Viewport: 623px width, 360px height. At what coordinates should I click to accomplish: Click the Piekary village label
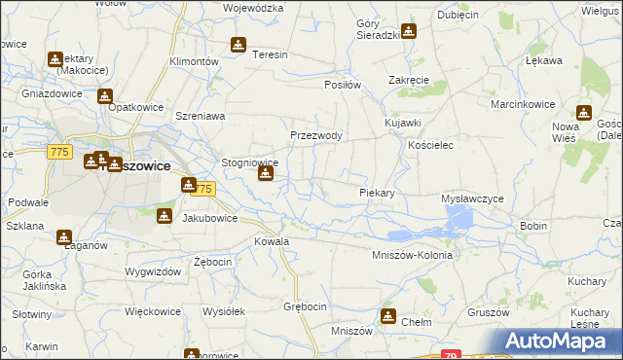pos(377,193)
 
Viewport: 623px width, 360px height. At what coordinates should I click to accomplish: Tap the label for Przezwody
pos(316,136)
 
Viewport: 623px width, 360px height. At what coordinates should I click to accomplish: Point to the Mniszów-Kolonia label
pos(413,255)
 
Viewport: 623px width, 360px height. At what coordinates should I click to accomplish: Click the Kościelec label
pos(432,144)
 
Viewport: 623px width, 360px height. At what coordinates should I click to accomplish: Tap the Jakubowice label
pos(210,219)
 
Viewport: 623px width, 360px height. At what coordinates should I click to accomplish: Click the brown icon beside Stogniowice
pos(265,174)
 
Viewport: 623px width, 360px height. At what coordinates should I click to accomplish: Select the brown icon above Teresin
pos(238,44)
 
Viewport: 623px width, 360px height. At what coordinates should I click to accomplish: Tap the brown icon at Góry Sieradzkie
pos(408,31)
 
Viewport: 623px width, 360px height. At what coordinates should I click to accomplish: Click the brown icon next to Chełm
pos(388,315)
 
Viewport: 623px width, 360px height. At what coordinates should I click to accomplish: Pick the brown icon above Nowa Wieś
pos(584,112)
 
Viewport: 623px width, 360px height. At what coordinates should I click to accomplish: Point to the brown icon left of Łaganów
pos(64,236)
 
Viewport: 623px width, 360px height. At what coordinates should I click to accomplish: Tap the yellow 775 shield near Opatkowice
pos(59,152)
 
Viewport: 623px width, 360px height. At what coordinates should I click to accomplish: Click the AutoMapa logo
pos(556,341)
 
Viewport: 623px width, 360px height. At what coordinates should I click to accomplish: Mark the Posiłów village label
pos(343,85)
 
